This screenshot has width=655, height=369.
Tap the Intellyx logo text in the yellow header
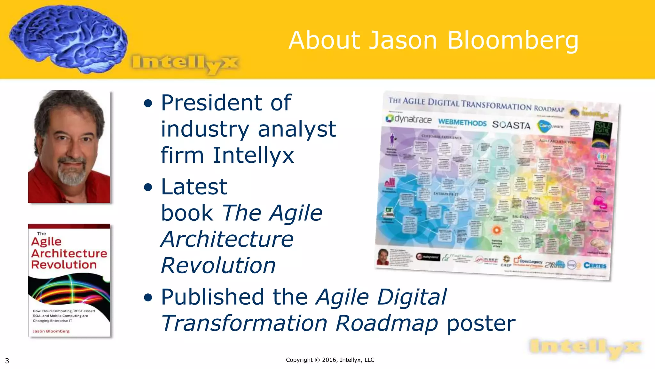tap(185, 63)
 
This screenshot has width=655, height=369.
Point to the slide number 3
tap(7, 361)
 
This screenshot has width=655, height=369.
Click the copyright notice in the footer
tap(330, 360)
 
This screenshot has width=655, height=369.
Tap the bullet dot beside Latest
tap(148, 187)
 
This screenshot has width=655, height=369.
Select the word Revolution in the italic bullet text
tap(218, 266)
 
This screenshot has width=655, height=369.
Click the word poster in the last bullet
tap(481, 323)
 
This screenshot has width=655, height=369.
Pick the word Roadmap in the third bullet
tap(386, 323)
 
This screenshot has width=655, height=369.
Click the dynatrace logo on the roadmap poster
tap(409, 119)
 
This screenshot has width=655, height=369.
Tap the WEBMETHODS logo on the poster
tap(462, 122)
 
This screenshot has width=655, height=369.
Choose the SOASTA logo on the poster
tap(511, 125)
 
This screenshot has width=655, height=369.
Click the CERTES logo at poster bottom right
tap(595, 266)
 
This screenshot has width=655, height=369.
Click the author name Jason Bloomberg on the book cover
tap(51, 331)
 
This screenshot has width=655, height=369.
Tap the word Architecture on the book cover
tap(69, 253)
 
